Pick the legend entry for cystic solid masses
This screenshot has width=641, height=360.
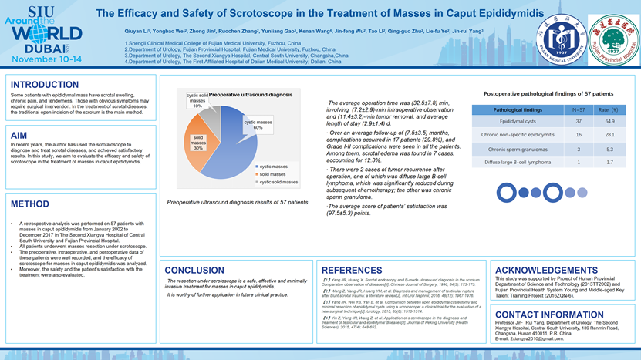click(x=278, y=182)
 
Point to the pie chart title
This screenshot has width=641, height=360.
click(x=251, y=95)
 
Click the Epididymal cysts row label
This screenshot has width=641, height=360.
click(x=518, y=122)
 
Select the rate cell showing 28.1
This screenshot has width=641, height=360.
click(x=609, y=135)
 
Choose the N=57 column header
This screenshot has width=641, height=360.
click(x=579, y=110)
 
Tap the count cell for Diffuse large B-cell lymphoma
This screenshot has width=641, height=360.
click(x=579, y=163)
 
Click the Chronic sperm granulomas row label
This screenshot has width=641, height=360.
click(x=518, y=149)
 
